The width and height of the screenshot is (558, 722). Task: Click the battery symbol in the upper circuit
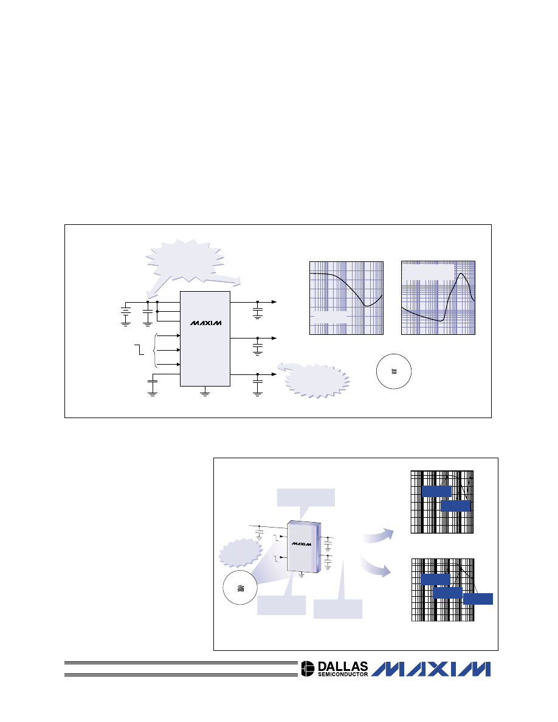click(125, 314)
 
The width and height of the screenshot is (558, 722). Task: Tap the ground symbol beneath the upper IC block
click(205, 392)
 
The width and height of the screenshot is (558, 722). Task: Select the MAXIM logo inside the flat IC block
click(206, 323)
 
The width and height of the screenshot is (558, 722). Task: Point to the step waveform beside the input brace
click(139, 349)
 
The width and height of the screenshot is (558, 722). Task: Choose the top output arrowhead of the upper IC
click(274, 302)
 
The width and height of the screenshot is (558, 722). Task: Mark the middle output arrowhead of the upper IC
click(274, 339)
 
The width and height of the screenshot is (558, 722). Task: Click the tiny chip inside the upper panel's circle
click(394, 371)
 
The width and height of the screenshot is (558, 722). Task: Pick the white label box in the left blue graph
click(329, 317)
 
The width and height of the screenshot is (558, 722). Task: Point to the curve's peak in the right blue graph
click(461, 273)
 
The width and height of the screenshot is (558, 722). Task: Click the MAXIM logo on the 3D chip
click(301, 544)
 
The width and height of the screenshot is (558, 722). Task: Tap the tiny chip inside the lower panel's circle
click(240, 588)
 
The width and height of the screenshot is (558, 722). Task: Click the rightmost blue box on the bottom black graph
click(478, 599)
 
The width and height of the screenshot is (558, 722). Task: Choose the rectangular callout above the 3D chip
click(306, 498)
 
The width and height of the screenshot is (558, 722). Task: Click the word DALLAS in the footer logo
click(343, 666)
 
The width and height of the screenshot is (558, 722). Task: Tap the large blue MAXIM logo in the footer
click(431, 669)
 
